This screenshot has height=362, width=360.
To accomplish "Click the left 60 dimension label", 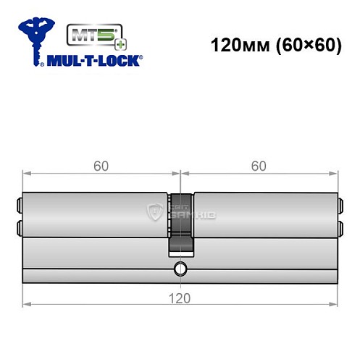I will pos(101,166).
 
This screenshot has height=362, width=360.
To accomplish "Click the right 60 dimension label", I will pos(259,166).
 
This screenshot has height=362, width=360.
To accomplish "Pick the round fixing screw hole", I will pos(180,272).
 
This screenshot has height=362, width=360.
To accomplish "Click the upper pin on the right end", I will pos(340,203).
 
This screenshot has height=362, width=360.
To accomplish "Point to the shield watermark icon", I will pos(154,211).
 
